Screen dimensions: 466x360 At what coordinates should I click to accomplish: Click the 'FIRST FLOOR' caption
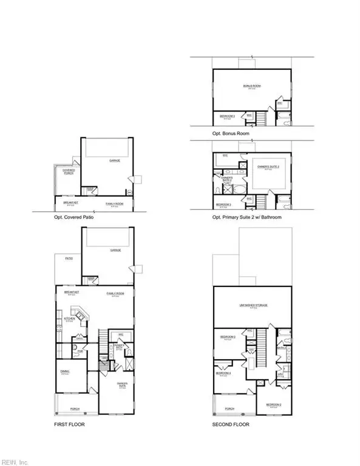pyautogui.click(x=69, y=424)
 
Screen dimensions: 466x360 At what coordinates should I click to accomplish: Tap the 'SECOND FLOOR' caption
pyautogui.click(x=228, y=424)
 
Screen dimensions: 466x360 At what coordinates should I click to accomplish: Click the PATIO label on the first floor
pyautogui.click(x=69, y=258)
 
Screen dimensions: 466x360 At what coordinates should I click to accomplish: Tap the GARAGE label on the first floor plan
pyautogui.click(x=115, y=250)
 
